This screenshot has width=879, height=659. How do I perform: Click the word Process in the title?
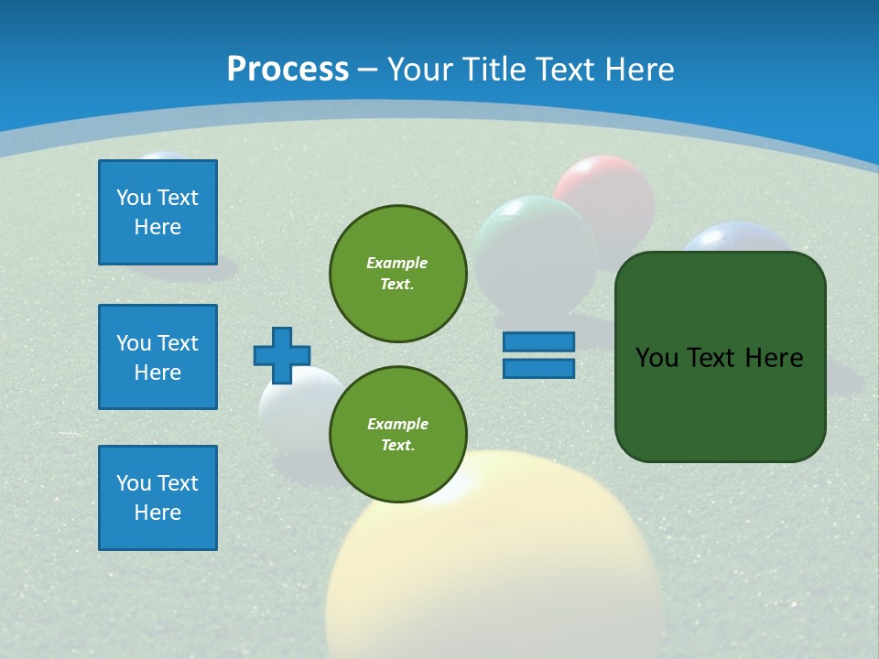288,69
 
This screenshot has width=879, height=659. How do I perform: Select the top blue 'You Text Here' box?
157,212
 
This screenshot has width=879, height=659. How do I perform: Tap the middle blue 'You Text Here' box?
157,357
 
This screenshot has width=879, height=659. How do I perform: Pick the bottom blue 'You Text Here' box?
157,498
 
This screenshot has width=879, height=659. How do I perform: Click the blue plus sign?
282,355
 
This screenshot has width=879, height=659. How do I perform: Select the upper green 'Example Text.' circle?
398,274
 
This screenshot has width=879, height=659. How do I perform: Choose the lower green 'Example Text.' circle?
398,435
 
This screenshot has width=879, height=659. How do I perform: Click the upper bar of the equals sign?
538,341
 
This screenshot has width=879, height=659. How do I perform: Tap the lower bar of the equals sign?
538,369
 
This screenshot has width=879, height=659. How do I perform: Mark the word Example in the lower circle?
397,424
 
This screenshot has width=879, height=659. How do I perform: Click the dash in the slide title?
368,70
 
